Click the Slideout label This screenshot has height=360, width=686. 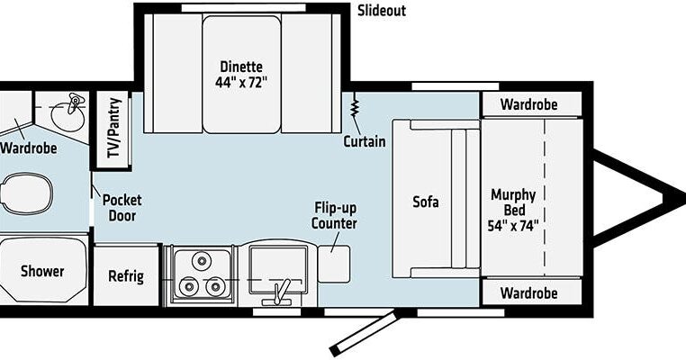382,11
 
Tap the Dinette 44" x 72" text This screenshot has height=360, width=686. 241,75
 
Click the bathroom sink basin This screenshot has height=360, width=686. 68,115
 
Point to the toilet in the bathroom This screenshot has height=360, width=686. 26,193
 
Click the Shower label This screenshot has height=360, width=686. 42,271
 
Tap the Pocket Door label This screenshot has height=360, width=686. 122,208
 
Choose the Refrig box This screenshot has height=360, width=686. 126,275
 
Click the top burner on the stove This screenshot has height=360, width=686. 202,261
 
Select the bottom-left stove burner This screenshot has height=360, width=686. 189,286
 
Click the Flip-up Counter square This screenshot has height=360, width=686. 334,264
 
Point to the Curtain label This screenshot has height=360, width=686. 365,141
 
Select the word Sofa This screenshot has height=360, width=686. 426,202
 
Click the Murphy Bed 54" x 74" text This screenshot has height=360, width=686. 513,210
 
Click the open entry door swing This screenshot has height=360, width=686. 366,333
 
